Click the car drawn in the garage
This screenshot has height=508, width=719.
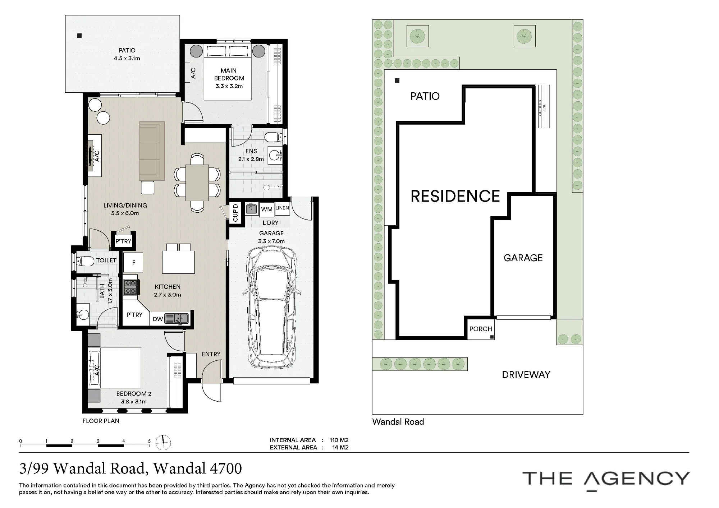(x=272, y=309)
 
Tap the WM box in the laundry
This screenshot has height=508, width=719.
(x=267, y=209)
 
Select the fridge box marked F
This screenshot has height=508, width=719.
(x=133, y=262)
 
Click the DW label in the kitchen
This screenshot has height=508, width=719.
(x=158, y=319)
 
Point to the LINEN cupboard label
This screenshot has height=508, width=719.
(x=282, y=208)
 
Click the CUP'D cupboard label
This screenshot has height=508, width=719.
(x=235, y=213)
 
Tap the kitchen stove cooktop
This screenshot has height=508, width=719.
(x=130, y=287)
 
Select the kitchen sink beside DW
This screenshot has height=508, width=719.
(x=177, y=319)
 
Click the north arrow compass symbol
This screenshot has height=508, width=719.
(x=163, y=442)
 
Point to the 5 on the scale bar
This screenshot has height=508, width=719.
(x=150, y=441)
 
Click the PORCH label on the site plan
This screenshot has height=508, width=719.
(x=481, y=329)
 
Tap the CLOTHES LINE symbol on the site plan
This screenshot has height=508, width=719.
(x=542, y=106)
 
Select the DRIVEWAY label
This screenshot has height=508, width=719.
(x=526, y=375)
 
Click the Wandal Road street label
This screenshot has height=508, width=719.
(x=398, y=422)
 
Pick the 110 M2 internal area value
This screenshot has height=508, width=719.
(x=339, y=440)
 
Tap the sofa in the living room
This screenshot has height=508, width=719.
(x=152, y=151)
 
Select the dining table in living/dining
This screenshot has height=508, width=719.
(x=197, y=183)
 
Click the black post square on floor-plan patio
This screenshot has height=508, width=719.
(x=79, y=36)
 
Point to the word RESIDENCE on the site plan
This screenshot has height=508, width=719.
(x=455, y=196)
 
